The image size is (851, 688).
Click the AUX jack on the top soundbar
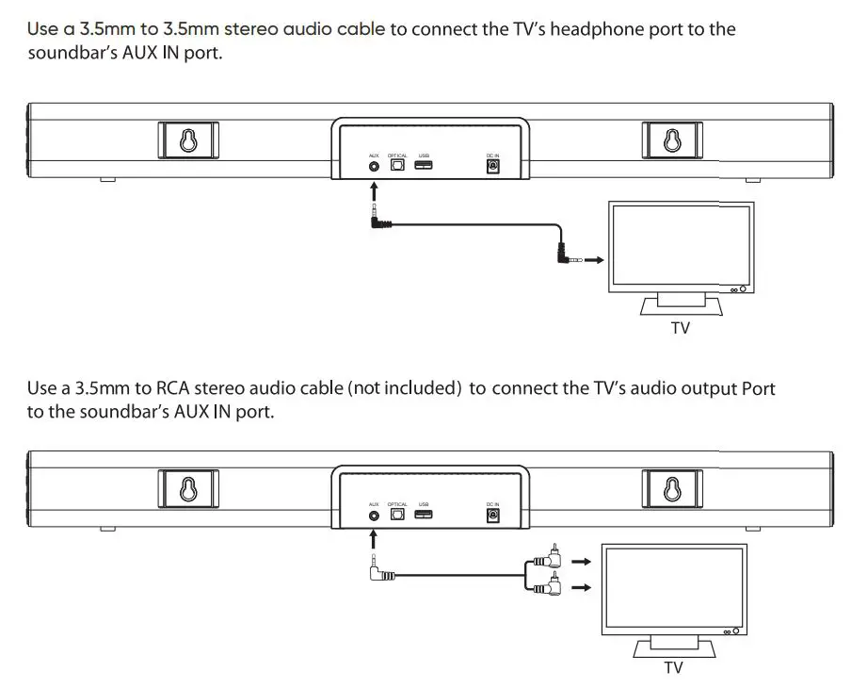(375, 166)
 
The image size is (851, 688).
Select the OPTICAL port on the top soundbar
(397, 166)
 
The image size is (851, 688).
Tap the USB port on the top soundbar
(424, 166)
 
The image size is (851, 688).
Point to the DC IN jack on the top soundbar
(491, 166)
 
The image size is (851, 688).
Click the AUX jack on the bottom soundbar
(375, 516)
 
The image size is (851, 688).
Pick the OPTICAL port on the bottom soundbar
(397, 516)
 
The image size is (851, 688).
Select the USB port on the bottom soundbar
(424, 516)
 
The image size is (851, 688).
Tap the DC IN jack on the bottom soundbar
(491, 516)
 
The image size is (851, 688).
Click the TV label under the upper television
(679, 329)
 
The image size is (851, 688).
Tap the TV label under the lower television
(672, 667)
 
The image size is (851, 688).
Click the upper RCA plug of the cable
(548, 561)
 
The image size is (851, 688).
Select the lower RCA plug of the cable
(548, 589)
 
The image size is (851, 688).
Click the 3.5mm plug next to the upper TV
(566, 255)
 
